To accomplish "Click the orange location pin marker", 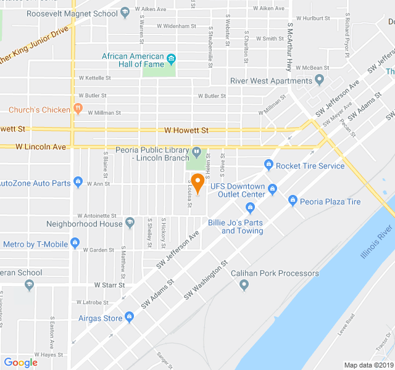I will [197, 183].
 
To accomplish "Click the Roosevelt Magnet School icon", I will [125, 12].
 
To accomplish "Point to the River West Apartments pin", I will [319, 80].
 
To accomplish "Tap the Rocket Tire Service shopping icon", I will [268, 165].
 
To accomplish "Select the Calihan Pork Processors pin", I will [244, 284].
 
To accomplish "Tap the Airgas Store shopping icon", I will [129, 317].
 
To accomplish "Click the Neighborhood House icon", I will [130, 223].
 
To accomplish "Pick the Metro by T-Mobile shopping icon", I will [75, 243].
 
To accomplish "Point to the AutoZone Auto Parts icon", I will [78, 182].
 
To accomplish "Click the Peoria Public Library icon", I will [197, 151].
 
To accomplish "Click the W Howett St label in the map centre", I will [186, 130].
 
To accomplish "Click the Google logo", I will [20, 362].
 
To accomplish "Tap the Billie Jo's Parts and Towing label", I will [235, 226].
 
